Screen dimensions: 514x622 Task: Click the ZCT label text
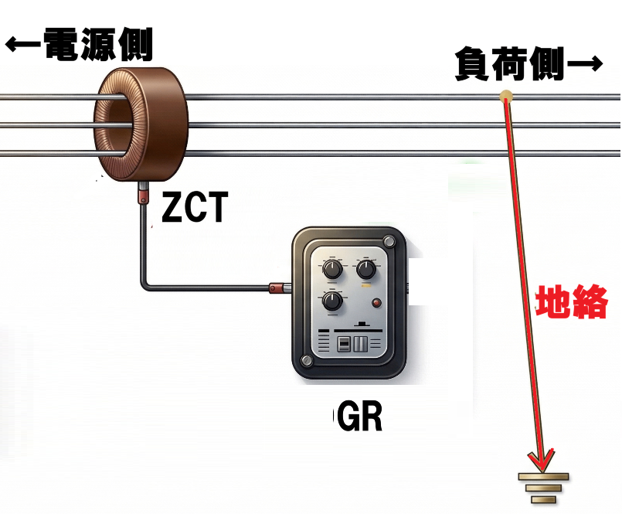pos(195,206)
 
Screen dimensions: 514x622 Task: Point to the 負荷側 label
pos(509,65)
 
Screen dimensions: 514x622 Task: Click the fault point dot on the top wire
pos(506,97)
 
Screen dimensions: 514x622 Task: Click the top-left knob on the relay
pos(331,270)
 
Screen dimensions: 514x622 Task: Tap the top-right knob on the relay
pos(365,270)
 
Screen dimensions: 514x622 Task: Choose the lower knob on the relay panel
pos(332,301)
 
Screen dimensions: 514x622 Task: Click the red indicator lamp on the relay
pos(376,302)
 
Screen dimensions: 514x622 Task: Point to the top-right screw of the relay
pos(389,242)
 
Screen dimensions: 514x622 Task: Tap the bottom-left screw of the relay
pos(308,361)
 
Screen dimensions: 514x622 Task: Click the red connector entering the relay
pos(277,288)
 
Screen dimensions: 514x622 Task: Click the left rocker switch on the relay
pos(345,343)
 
